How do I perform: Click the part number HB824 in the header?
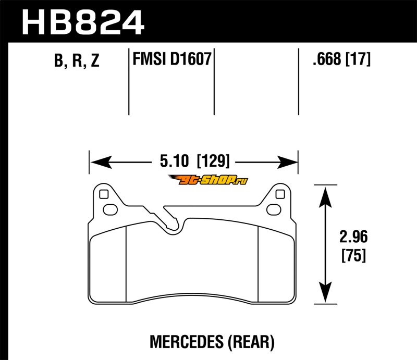click(83, 23)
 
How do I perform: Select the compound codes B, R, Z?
click(77, 60)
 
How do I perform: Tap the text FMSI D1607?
click(172, 59)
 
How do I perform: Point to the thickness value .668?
click(327, 59)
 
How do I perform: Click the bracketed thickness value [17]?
click(358, 59)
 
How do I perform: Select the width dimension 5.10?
click(174, 161)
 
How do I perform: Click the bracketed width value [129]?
click(213, 161)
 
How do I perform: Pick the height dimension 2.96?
click(353, 237)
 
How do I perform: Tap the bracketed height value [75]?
click(354, 255)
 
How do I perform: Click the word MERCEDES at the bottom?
click(187, 342)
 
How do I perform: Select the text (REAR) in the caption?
click(251, 342)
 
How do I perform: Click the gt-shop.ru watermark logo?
click(208, 180)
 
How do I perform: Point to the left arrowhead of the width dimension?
click(101, 162)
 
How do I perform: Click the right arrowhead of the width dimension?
click(287, 162)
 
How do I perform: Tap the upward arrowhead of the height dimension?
click(325, 197)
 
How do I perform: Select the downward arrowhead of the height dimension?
click(325, 292)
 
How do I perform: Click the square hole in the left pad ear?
click(104, 194)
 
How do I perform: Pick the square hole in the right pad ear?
click(280, 194)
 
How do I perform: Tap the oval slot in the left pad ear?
click(110, 210)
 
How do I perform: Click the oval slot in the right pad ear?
click(274, 210)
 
